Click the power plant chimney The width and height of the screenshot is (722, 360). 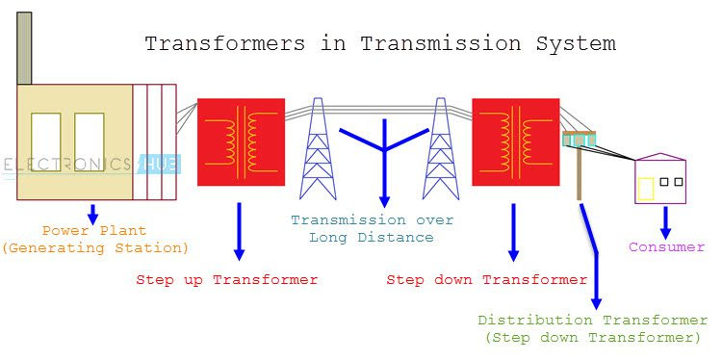click(x=24, y=48)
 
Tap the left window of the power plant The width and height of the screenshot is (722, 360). click(x=45, y=142)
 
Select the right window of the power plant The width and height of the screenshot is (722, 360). click(x=89, y=142)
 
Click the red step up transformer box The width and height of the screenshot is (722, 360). click(x=241, y=141)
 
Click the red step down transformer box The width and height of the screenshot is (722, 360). click(x=515, y=141)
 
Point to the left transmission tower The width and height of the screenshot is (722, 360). click(x=319, y=149)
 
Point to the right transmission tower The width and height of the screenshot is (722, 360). click(x=442, y=149)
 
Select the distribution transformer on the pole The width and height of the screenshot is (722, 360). click(x=579, y=141)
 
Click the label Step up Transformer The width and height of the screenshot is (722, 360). click(x=226, y=280)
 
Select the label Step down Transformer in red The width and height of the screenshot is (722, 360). click(x=486, y=280)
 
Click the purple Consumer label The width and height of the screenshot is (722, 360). click(x=666, y=247)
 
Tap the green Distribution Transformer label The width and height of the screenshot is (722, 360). click(x=592, y=321)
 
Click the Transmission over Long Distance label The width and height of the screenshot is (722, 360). click(x=372, y=228)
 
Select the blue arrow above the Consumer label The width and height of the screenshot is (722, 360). click(x=665, y=222)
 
